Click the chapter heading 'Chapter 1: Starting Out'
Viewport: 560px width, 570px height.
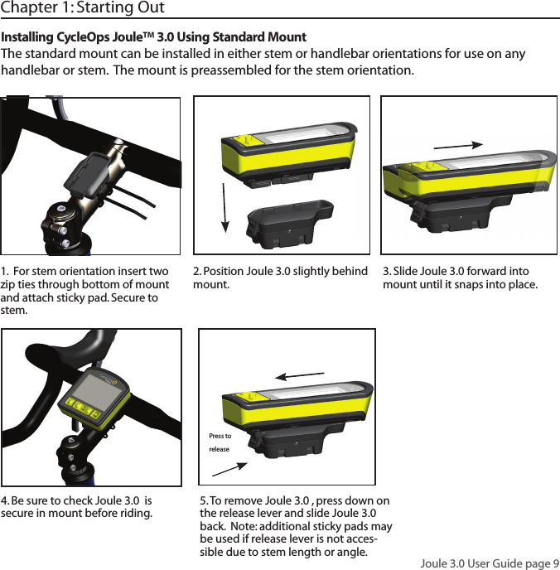pos(83,8)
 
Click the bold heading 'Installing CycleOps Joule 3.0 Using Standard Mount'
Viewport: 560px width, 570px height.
pos(154,38)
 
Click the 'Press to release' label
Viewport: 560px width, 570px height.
pos(220,442)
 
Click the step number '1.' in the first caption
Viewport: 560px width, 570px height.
pos(6,272)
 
